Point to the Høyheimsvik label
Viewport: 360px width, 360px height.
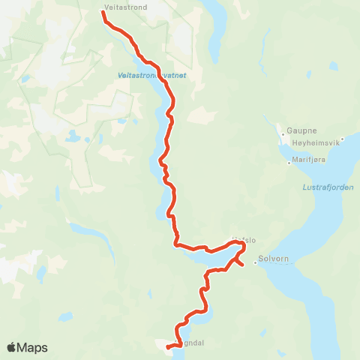click(313, 144)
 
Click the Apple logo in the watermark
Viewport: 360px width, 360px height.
click(11, 348)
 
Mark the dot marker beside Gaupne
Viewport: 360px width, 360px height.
click(283, 130)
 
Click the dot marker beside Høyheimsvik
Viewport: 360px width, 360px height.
click(342, 138)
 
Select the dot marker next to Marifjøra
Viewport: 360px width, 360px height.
click(289, 161)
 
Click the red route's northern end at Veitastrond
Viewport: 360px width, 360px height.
click(103, 13)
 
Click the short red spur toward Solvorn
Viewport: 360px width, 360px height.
click(239, 260)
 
